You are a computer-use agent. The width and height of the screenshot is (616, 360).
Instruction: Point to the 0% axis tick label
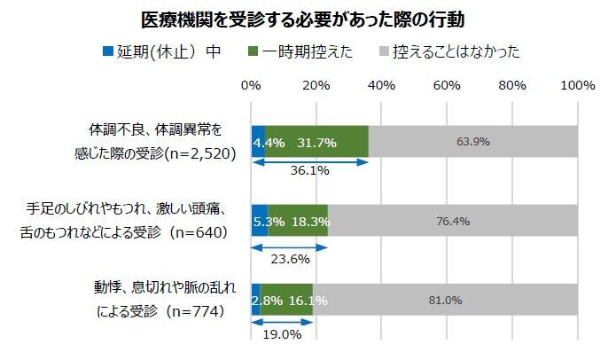click(252, 85)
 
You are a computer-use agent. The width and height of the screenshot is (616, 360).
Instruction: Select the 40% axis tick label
click(382, 85)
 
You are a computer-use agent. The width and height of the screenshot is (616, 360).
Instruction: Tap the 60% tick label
click(448, 85)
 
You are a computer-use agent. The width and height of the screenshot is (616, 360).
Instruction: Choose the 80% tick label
click(513, 85)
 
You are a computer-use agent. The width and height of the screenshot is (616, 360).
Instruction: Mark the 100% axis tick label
click(578, 85)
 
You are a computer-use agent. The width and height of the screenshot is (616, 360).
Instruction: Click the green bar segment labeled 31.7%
click(317, 142)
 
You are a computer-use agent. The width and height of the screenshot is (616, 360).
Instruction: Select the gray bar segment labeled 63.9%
click(473, 142)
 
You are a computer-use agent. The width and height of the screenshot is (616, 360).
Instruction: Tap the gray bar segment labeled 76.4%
click(453, 221)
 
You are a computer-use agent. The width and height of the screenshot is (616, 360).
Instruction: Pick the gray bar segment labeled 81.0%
click(446, 301)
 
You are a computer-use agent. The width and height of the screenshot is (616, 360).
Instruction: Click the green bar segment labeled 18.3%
click(299, 221)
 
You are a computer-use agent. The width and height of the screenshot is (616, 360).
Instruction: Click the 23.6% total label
click(290, 260)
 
